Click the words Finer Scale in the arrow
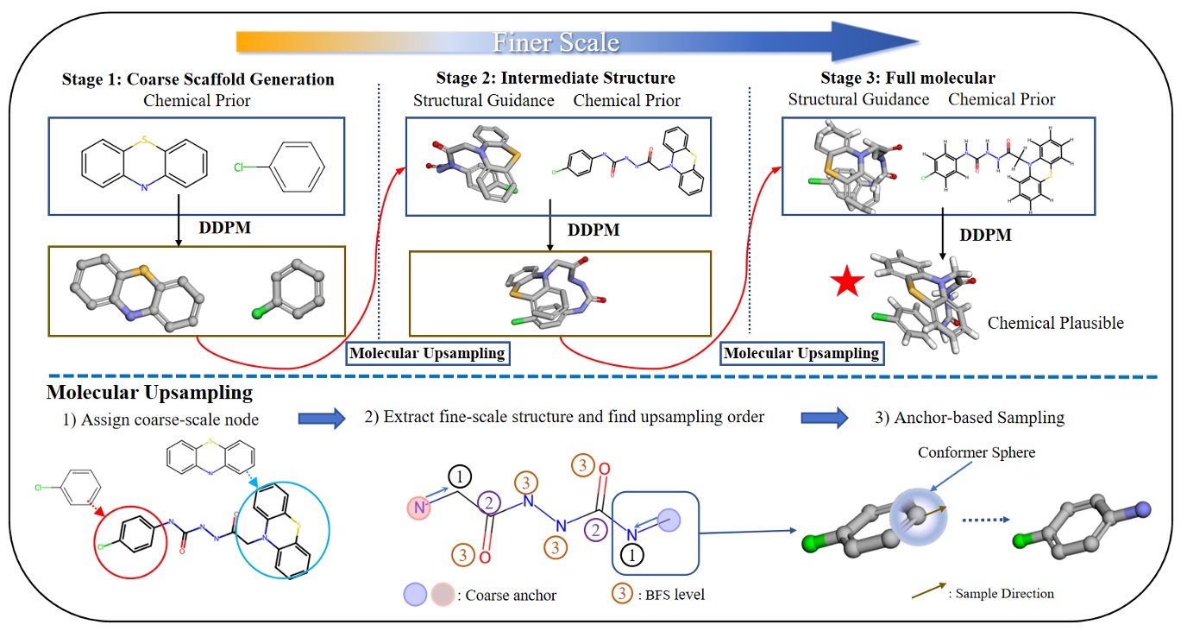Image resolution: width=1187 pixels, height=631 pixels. (556, 42)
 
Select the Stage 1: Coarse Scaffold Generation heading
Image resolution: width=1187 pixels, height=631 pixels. (198, 79)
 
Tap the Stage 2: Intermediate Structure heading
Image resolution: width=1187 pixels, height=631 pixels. (545, 79)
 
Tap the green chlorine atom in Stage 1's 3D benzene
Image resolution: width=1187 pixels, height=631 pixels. (255, 314)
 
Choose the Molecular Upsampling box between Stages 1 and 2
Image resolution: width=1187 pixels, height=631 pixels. (426, 353)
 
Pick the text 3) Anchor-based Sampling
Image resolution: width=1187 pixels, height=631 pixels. (969, 418)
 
